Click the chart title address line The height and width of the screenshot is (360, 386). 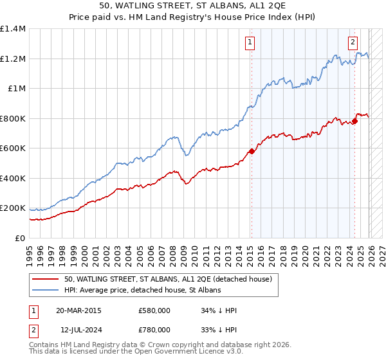(193, 5)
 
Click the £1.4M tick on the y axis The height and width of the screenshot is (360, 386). (13, 29)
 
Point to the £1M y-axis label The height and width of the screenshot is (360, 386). (17, 89)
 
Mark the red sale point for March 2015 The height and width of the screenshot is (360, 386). (252, 152)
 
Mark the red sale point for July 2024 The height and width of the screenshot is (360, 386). (354, 121)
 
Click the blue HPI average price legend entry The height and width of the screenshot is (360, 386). (142, 291)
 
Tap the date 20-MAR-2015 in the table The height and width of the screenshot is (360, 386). (78, 310)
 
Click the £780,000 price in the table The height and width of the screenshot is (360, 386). (154, 330)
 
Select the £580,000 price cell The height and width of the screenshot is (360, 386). (154, 310)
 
